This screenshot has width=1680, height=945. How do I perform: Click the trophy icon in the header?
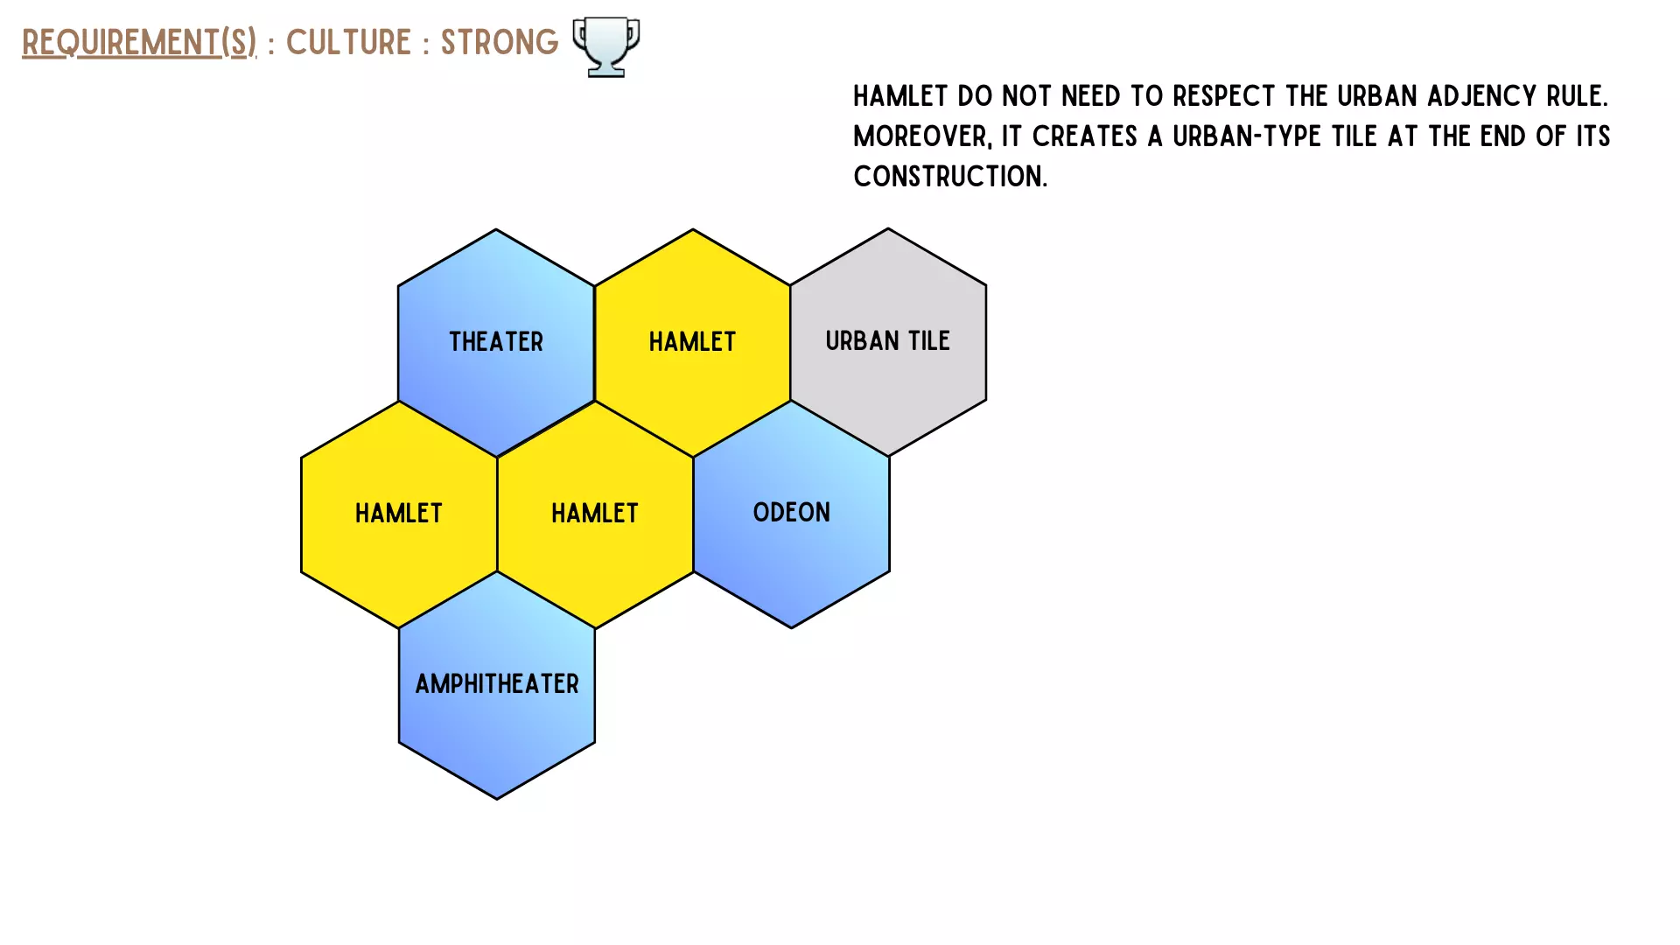[x=606, y=47]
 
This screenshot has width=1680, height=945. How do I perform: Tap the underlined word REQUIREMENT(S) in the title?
[x=139, y=42]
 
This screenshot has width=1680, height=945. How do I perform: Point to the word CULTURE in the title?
[x=348, y=42]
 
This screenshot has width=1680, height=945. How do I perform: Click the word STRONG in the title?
[x=500, y=42]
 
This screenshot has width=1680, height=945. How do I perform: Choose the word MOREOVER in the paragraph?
[x=922, y=136]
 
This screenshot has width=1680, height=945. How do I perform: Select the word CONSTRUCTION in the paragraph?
[x=950, y=176]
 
